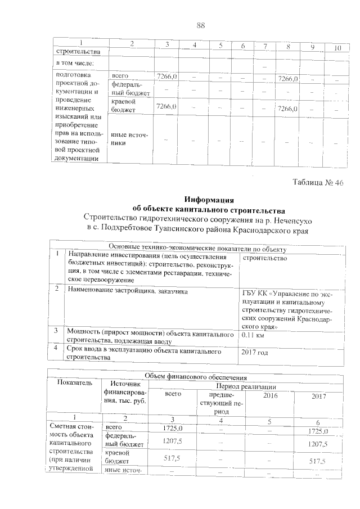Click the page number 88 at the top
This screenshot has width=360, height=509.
point(201,25)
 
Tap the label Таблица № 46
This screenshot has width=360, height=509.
point(318,183)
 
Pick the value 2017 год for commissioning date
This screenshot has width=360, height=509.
point(255,353)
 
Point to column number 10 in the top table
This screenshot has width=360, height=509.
point(337,48)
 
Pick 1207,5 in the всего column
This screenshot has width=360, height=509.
point(175,443)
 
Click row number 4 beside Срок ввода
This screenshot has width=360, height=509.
point(57,349)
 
